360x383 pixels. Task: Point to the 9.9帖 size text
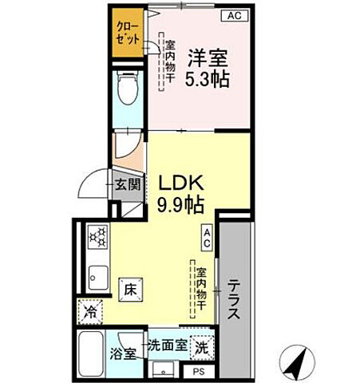coord(180,203)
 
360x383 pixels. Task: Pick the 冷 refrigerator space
coord(92,310)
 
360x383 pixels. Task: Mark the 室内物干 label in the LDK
coord(203,288)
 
